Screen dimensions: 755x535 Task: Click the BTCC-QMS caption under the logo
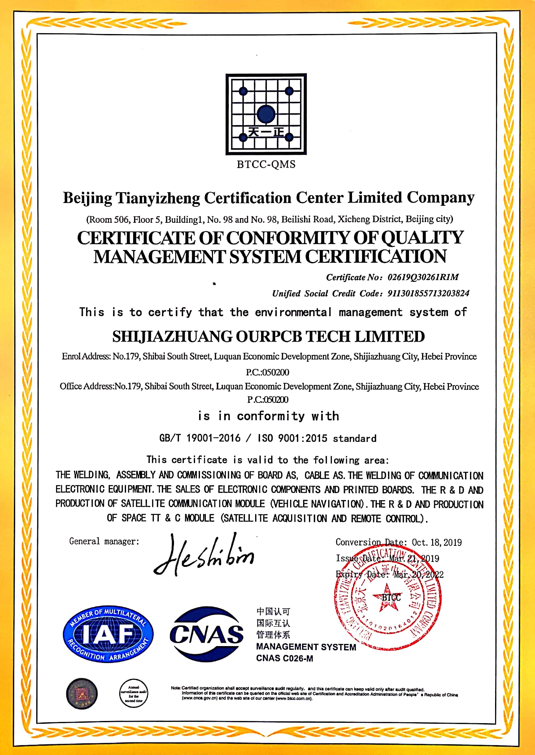pos(266,164)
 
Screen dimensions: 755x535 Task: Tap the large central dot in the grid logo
pos(266,114)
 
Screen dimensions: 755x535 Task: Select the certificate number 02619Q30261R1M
pos(423,277)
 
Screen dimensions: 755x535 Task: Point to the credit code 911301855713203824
pos(428,293)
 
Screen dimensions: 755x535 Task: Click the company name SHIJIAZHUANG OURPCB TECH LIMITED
pos(268,337)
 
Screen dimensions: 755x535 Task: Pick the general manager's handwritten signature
pos(204,556)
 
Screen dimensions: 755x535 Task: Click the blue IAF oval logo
pos(108,634)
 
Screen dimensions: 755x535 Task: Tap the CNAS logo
pos(207,634)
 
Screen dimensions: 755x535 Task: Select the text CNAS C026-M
pos(285,658)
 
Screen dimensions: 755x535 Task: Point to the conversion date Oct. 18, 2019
pos(437,542)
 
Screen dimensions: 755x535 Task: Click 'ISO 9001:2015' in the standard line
pos(293,438)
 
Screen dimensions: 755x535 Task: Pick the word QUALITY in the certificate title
pos(422,238)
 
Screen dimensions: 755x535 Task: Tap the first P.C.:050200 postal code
pos(267,373)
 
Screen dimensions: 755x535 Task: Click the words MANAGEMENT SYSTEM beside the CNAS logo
pos(306,647)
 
